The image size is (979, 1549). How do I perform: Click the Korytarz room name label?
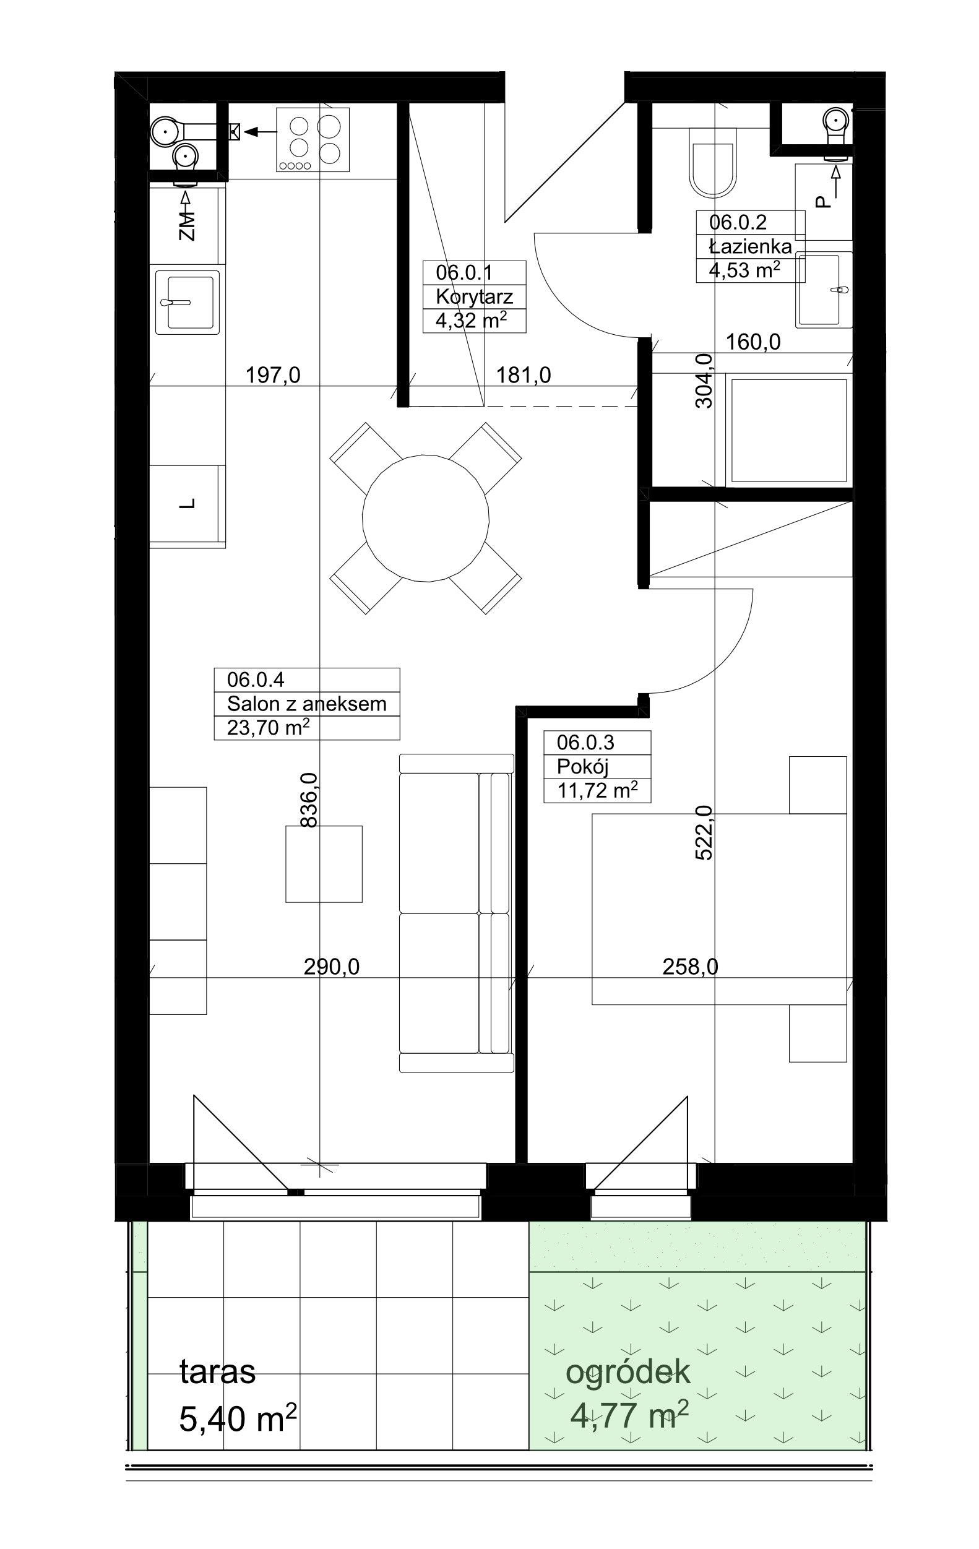[474, 297]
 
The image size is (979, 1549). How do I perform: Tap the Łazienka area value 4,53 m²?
[744, 270]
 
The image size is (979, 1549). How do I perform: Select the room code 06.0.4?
[256, 680]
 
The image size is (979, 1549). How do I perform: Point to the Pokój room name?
[582, 767]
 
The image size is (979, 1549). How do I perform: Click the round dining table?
[425, 519]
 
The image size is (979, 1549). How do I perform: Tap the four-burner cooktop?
[313, 140]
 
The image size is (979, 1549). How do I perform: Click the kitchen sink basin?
[187, 303]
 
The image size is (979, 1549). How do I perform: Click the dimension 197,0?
[273, 375]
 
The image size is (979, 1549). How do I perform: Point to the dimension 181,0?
[523, 375]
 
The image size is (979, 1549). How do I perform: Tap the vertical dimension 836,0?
[309, 800]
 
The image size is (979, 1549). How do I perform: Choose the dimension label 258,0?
[690, 966]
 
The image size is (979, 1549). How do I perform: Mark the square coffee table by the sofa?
[324, 864]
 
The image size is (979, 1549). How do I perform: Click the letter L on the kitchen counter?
[187, 504]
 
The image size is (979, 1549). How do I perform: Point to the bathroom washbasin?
[824, 290]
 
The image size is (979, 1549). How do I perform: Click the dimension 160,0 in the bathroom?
[753, 342]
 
